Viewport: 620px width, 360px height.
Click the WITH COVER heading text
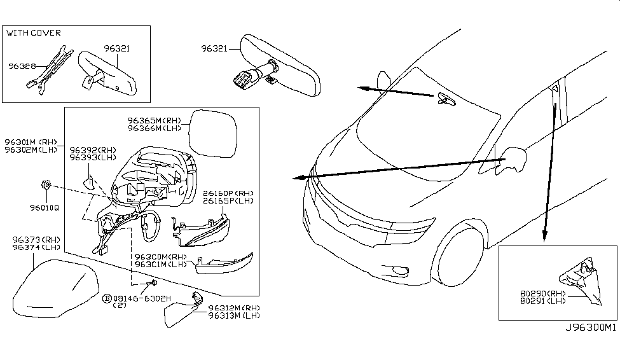[x=34, y=32]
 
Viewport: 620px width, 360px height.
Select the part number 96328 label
[x=22, y=65]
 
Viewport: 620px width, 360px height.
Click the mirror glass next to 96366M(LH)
[x=214, y=133]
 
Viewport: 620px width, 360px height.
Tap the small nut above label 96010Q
[x=46, y=185]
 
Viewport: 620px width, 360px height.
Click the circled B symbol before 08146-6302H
[x=107, y=297]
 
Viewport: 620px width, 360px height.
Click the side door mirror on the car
[x=514, y=159]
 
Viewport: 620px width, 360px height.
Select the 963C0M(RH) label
[x=160, y=257]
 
